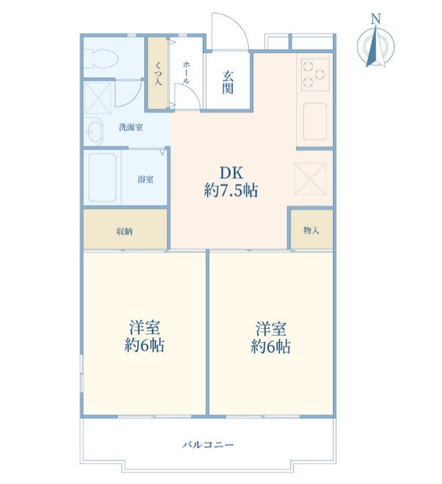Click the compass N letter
point(376,19)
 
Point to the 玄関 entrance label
point(228,82)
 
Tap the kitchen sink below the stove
point(314,120)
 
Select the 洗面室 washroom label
point(130,127)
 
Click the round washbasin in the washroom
point(94,132)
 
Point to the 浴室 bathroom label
point(145,179)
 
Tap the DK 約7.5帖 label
point(231,182)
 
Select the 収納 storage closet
point(125,231)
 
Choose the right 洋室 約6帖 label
point(271,337)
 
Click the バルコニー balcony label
point(208,445)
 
